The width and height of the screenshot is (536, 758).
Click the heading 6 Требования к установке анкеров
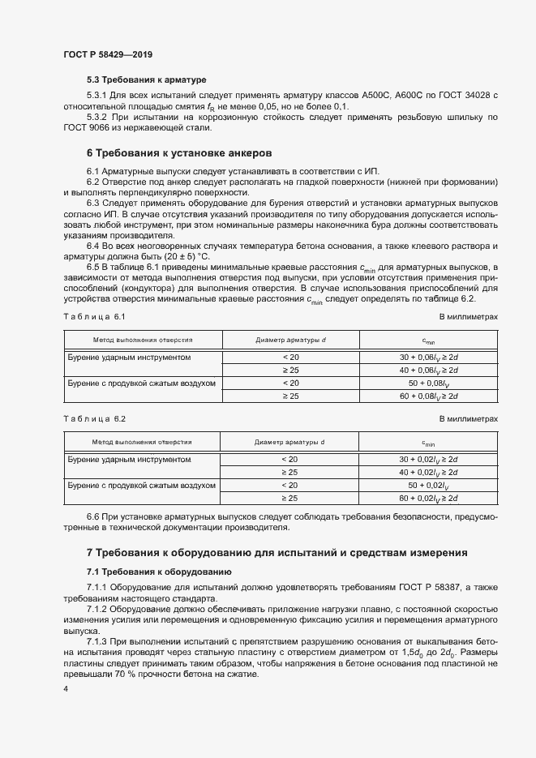178,152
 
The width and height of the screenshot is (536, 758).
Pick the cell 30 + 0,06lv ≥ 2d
428,357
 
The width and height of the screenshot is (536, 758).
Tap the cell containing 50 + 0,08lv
428,383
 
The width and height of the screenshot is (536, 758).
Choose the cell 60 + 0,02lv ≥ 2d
428,498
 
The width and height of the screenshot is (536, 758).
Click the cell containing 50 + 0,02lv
428,485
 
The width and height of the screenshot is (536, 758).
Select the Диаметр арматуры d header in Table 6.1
289,340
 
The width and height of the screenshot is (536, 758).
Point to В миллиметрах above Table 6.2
468,418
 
